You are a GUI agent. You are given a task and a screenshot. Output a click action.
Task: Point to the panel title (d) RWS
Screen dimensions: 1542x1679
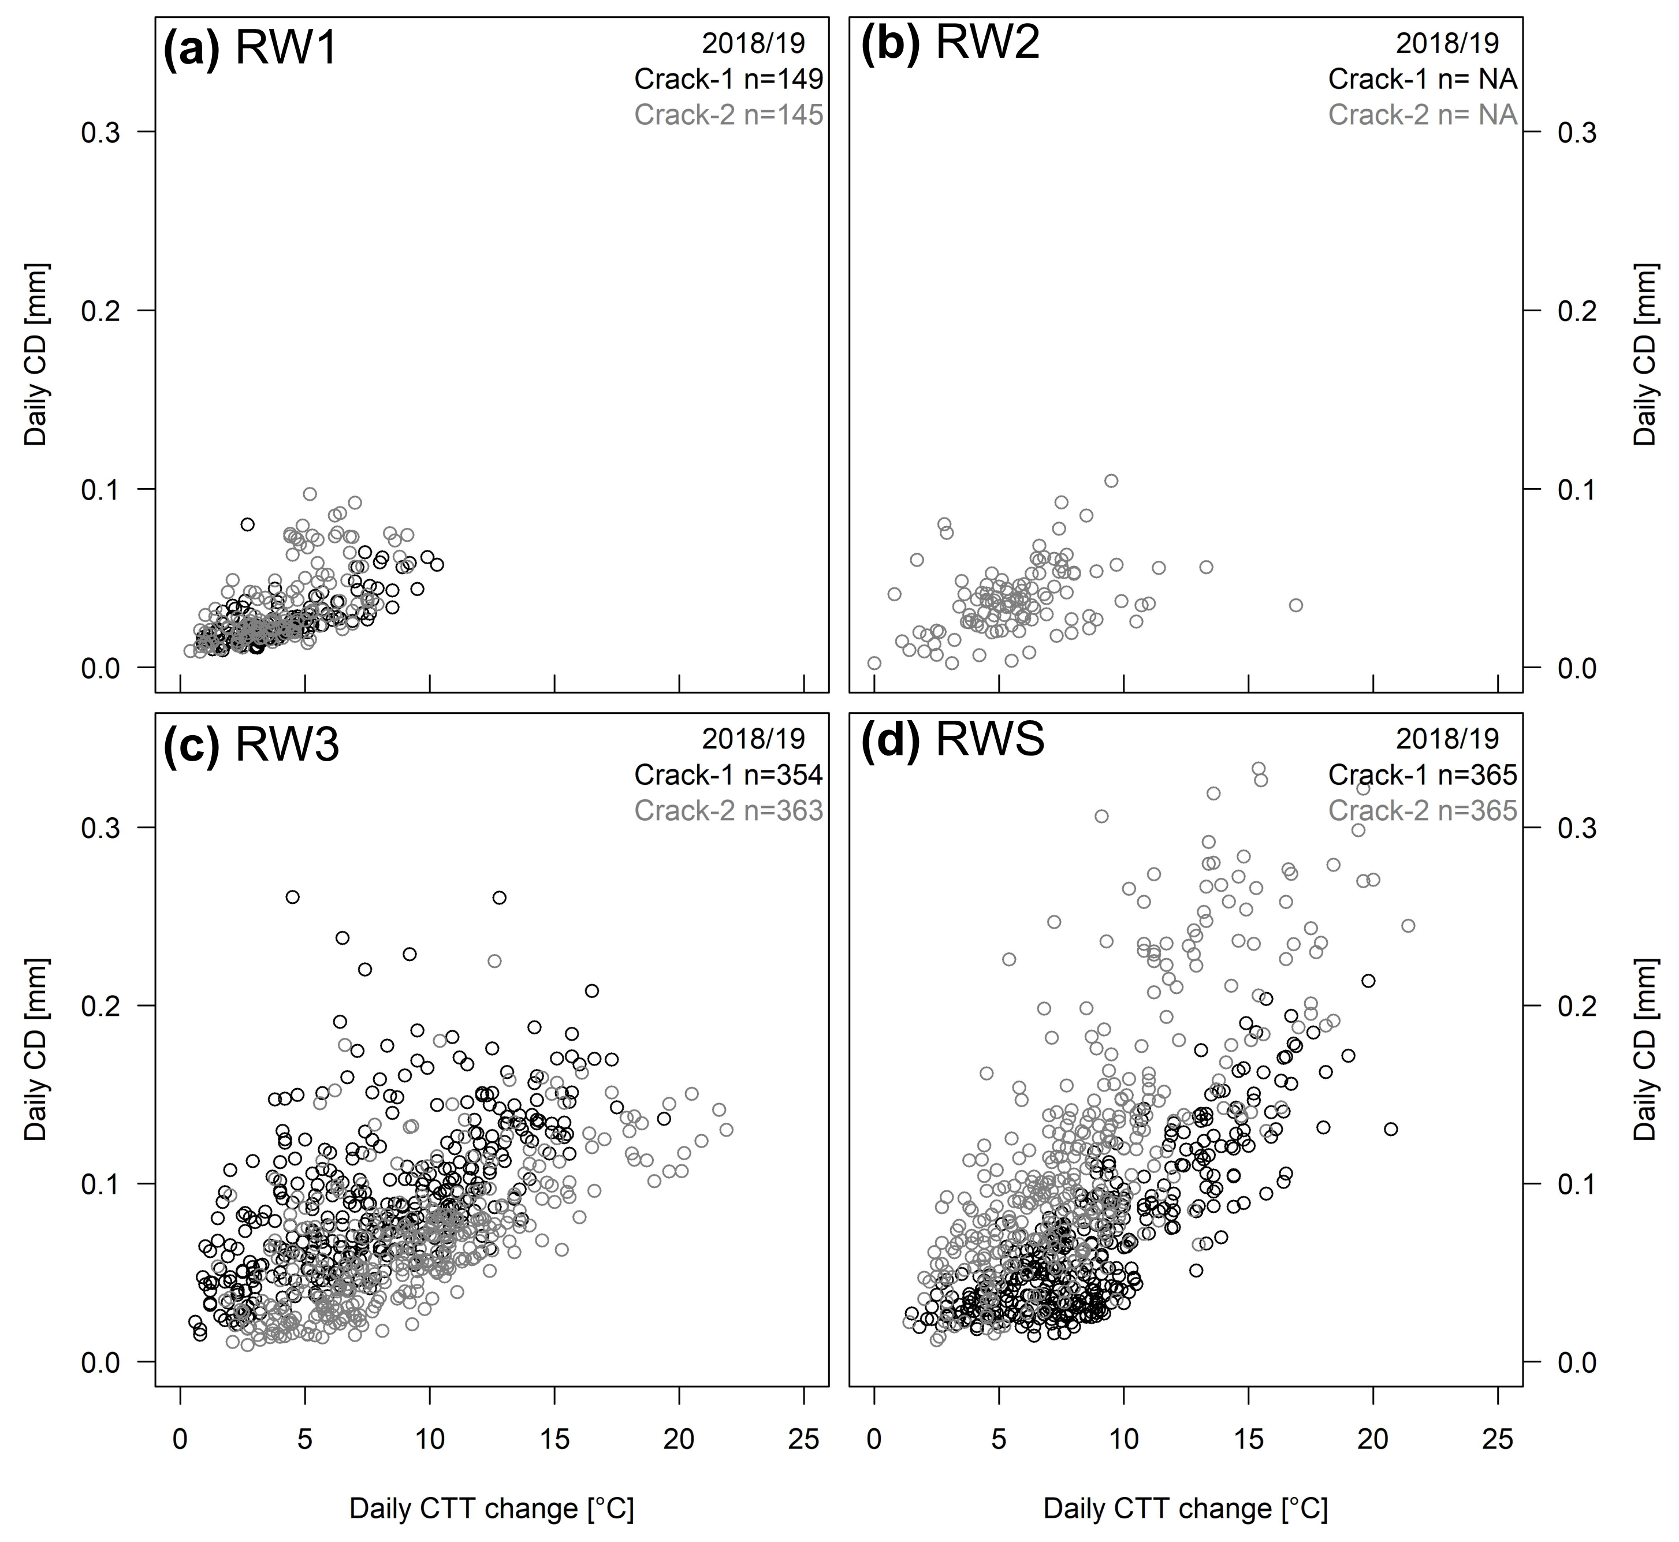click(x=951, y=739)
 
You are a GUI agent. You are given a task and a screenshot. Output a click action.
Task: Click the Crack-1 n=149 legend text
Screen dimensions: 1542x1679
click(x=728, y=79)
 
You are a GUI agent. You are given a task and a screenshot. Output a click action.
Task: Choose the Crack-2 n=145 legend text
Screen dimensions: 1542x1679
click(x=728, y=114)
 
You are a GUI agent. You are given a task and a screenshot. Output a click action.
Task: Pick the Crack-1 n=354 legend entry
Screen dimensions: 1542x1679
click(x=728, y=775)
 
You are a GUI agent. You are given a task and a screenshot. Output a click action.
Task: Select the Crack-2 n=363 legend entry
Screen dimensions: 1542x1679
click(x=728, y=810)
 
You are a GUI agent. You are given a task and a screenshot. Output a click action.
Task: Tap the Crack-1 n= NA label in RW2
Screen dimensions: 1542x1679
click(x=1422, y=79)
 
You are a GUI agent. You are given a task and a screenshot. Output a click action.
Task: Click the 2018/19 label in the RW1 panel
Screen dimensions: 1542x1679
click(x=754, y=43)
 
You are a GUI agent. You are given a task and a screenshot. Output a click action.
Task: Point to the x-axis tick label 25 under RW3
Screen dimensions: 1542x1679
click(x=803, y=1439)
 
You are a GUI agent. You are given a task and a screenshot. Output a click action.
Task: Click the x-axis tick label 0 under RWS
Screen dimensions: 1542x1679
click(x=874, y=1439)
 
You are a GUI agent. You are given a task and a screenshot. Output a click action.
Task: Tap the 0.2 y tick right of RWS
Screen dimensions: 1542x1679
click(x=1576, y=1005)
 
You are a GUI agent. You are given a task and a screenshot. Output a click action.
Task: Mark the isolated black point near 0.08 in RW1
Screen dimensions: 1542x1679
click(x=247, y=524)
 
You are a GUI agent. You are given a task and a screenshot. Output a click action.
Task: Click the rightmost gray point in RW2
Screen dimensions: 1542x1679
click(x=1295, y=605)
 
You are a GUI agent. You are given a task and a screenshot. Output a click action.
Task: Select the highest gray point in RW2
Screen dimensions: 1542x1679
click(x=1111, y=481)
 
